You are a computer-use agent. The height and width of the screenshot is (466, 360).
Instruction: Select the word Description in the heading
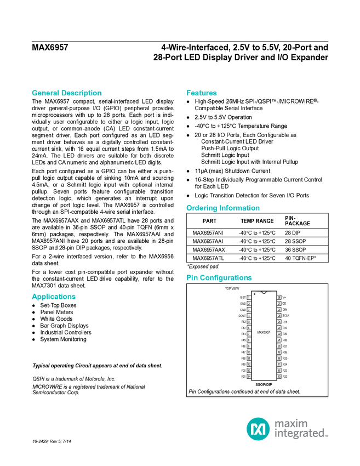coord(82,93)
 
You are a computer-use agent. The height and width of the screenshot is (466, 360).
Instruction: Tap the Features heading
coord(202,93)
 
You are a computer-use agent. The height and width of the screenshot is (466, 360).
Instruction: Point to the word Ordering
coord(201,208)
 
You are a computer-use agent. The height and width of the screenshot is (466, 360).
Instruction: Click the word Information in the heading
coord(240,208)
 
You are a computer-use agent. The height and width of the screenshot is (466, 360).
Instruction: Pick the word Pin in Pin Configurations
coord(191,278)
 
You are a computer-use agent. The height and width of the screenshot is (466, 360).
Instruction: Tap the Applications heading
coord(53,297)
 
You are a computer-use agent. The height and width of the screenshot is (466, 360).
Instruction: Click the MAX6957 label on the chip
coord(264,332)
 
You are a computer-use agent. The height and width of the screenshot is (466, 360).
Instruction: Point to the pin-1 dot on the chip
coord(255,294)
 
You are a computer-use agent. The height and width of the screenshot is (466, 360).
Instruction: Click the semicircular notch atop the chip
coord(264,292)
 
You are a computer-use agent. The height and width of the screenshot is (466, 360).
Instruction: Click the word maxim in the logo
coord(291,423)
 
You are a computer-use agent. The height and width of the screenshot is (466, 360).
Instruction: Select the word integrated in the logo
coord(299,434)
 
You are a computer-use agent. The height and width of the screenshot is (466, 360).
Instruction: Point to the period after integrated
coord(327,436)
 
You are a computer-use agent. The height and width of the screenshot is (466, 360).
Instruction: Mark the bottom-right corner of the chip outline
coord(276,379)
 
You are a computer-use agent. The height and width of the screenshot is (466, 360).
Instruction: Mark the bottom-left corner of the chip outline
coord(252,379)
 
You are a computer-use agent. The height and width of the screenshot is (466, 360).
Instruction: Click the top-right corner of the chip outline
coord(276,292)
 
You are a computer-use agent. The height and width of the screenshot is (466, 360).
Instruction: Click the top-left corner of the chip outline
coord(252,292)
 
